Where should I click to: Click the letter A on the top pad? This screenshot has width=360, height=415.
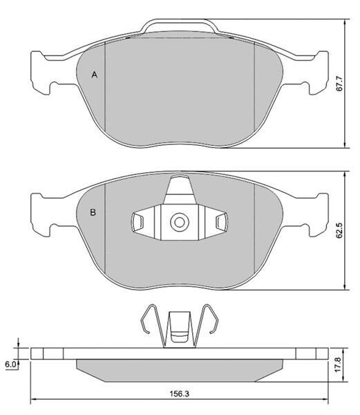[95, 75]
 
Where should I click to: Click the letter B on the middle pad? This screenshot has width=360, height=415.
[93, 212]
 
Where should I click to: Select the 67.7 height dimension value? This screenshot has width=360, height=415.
[339, 84]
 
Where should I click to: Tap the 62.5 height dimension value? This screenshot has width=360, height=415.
[339, 230]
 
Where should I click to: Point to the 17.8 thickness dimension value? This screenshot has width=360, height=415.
[339, 365]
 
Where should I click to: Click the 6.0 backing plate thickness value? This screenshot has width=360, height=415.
[10, 365]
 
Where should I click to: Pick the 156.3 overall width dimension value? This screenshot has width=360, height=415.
[180, 394]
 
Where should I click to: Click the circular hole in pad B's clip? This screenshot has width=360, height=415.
[180, 222]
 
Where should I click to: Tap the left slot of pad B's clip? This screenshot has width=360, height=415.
[138, 221]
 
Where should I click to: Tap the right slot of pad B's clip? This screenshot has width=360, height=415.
[222, 221]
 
